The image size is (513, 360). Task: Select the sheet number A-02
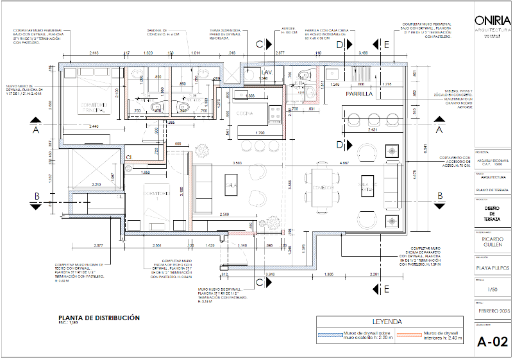[x=492, y=341]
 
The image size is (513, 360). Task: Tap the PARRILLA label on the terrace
[x=359, y=94]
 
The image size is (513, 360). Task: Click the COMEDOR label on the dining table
[x=322, y=189]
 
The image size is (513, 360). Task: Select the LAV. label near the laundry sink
[x=266, y=73]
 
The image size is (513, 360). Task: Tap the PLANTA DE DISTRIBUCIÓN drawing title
[x=99, y=318]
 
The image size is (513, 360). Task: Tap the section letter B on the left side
[x=37, y=196]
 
